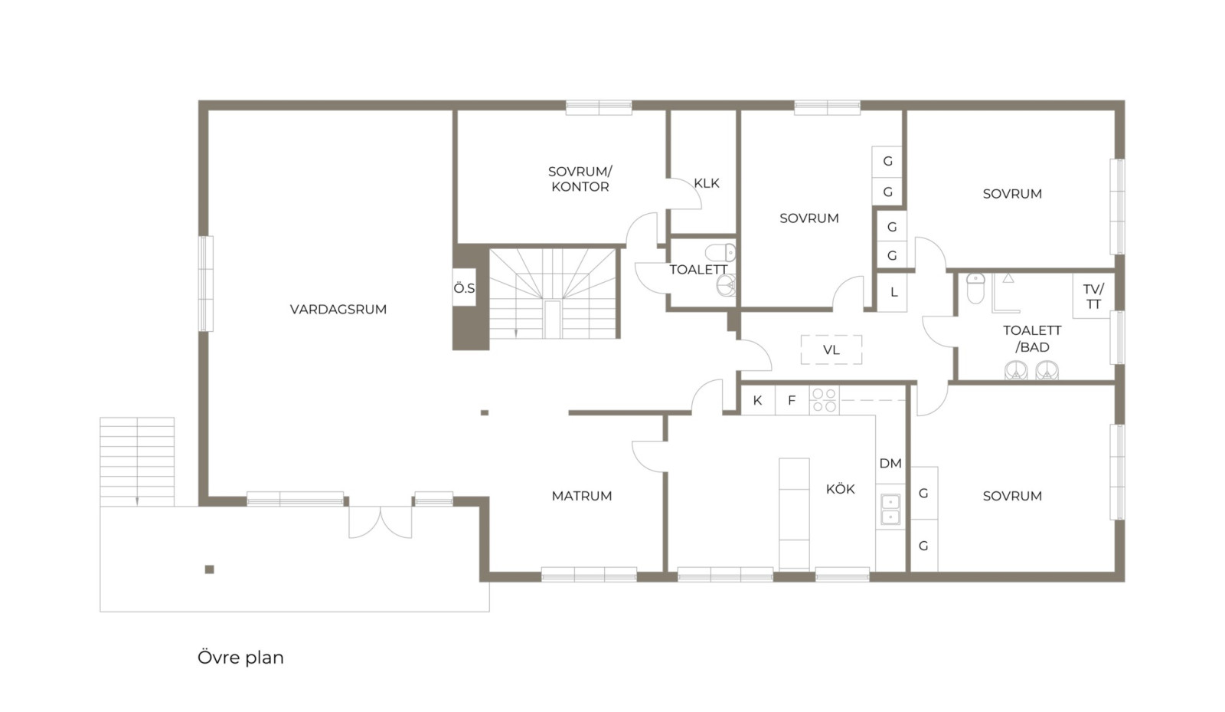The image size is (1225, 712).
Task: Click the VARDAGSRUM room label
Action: (338, 309)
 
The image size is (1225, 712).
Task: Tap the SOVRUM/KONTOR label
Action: (580, 179)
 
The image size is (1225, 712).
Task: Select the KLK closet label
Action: (707, 183)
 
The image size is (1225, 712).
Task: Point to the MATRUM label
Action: (581, 496)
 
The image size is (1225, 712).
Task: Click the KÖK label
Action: (840, 489)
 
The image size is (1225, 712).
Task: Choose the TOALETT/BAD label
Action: (1032, 339)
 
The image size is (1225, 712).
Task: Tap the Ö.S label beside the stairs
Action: (464, 288)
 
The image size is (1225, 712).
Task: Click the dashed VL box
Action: (831, 349)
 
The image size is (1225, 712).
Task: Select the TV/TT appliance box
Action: (1093, 296)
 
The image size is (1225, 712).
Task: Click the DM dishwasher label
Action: (890, 464)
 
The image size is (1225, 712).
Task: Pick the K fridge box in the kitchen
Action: (758, 400)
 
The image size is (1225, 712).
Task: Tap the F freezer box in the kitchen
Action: (792, 400)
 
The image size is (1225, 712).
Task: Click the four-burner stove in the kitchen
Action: (824, 400)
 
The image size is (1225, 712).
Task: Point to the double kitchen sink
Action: (890, 510)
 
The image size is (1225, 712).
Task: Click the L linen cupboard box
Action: (893, 292)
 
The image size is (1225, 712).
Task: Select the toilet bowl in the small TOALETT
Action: (720, 252)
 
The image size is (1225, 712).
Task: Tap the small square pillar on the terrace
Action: (210, 569)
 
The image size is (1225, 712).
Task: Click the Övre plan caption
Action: (240, 658)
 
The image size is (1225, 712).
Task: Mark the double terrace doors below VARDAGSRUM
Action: (381, 522)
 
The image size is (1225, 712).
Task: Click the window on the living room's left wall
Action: (206, 284)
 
